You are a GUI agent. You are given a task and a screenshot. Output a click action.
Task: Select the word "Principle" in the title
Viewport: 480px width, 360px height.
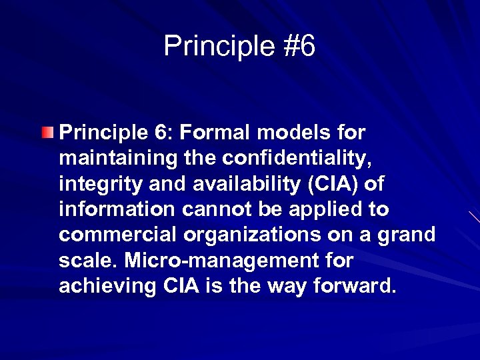[x=217, y=47]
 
